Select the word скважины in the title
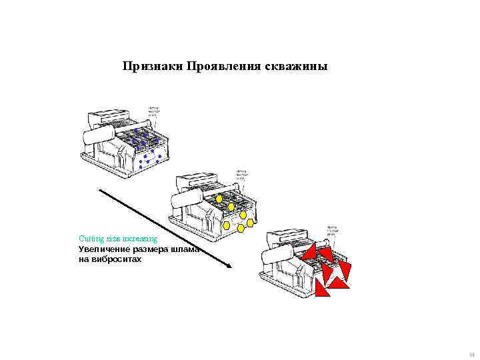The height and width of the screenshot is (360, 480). (297, 67)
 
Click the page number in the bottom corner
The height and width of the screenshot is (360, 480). (472, 354)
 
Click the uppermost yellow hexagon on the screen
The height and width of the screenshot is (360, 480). (219, 199)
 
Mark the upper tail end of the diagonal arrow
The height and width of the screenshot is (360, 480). (100, 189)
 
